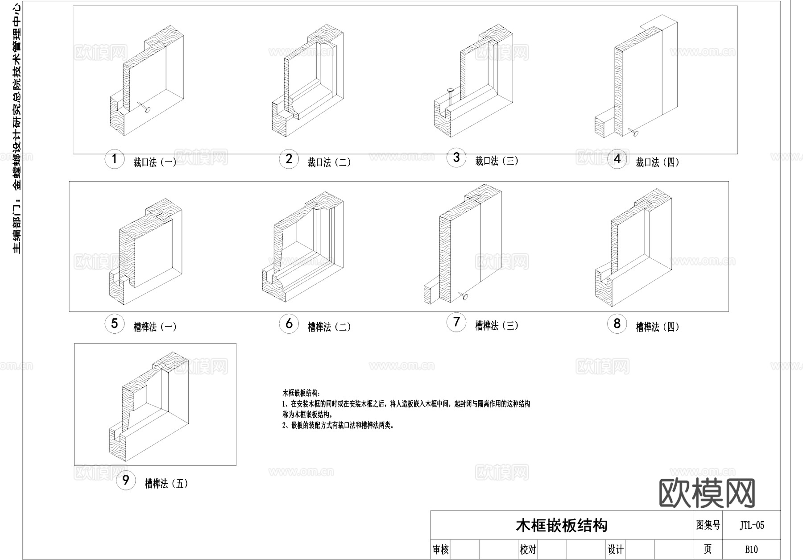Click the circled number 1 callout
[x=114, y=159]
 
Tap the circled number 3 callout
[x=456, y=158]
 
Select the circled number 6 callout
[x=289, y=324]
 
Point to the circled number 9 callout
[x=125, y=481]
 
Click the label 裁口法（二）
[x=329, y=162]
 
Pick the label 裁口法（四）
[x=658, y=162]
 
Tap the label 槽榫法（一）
[x=155, y=327]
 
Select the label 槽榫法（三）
[x=497, y=326]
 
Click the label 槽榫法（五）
[x=166, y=484]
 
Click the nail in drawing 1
[x=144, y=107]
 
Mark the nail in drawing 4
[x=633, y=132]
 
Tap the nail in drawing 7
[x=463, y=295]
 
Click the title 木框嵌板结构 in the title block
[x=561, y=526]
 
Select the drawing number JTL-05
[x=752, y=526]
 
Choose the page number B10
[x=751, y=550]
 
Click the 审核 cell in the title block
[x=441, y=550]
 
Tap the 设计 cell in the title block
[x=616, y=550]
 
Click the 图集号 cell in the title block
[x=708, y=526]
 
